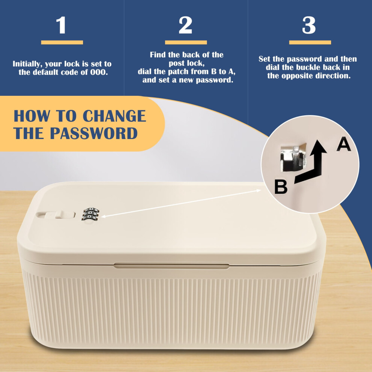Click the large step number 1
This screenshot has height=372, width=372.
click(61, 25)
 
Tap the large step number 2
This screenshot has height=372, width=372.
click(185, 25)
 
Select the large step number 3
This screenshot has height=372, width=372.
click(309, 25)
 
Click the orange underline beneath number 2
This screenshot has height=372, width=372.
click(186, 42)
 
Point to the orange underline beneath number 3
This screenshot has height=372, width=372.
click(310, 42)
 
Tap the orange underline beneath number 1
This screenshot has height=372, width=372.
click(62, 42)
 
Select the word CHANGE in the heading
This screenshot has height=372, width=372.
click(114, 116)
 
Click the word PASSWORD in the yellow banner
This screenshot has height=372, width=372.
click(94, 133)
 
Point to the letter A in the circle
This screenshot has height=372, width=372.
click(343, 145)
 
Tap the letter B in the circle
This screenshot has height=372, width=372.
click(281, 187)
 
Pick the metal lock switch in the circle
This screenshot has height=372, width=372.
click(293, 157)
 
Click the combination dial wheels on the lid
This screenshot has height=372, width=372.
click(91, 214)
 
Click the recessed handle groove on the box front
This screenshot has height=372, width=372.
click(171, 266)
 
